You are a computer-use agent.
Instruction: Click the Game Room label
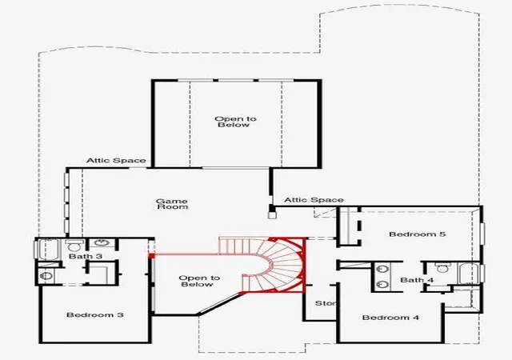[172, 204]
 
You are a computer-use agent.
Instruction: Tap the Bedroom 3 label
[95, 315]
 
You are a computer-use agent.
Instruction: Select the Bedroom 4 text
[390, 318]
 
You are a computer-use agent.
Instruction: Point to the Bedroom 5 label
[418, 234]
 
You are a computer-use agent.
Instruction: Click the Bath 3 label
[86, 256]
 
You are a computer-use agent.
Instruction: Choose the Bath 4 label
[417, 280]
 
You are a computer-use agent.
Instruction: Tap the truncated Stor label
[326, 303]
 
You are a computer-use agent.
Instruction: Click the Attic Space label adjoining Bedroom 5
[314, 200]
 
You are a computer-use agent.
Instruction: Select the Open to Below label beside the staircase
[199, 281]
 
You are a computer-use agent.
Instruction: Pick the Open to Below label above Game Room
[235, 122]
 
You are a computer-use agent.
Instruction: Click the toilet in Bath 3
[74, 246]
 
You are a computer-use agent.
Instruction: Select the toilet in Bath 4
[442, 267]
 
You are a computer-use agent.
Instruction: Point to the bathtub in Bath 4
[469, 273]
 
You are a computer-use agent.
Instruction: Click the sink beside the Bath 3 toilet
[102, 243]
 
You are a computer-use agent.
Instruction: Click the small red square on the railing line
[151, 255]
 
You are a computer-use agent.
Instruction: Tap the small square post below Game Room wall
[271, 215]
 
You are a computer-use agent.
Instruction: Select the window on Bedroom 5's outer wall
[482, 234]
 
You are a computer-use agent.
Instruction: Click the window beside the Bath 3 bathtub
[36, 250]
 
